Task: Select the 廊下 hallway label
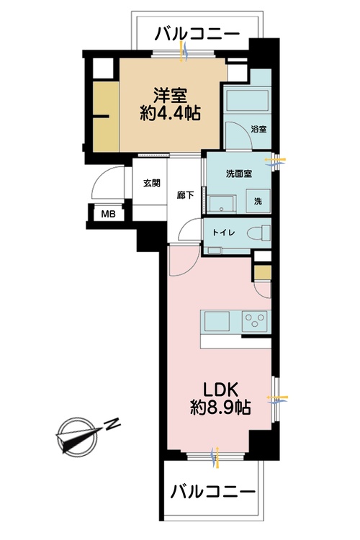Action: [185, 194]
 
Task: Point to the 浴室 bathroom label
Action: [258, 130]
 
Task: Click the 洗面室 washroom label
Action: [238, 174]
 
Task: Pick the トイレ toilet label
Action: [221, 233]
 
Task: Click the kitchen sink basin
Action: [217, 320]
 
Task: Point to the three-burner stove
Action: [255, 320]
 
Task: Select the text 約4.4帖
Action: [171, 113]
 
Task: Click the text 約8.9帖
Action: [220, 407]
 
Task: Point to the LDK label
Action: [220, 385]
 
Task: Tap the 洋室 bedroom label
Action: [171, 94]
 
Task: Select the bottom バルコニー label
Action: [213, 492]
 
